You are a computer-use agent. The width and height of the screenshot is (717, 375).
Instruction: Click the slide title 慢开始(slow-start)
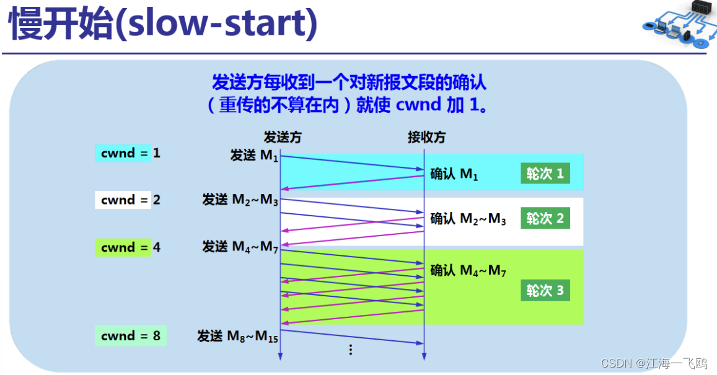click(163, 23)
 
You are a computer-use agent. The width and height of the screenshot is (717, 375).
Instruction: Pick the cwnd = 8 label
click(131, 336)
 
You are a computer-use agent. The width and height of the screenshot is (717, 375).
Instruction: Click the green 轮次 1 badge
click(545, 174)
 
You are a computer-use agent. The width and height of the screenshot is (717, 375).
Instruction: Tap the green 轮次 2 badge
click(545, 219)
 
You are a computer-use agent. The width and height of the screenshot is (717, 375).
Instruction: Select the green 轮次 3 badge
click(545, 291)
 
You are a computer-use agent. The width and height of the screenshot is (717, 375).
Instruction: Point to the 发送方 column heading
click(283, 137)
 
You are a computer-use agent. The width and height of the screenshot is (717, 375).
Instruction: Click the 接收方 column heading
click(426, 137)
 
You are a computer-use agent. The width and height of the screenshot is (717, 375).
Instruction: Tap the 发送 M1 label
click(254, 156)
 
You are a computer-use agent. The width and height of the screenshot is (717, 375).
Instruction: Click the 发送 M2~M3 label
click(240, 200)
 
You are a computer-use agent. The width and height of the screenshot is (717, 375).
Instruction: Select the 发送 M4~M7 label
click(240, 247)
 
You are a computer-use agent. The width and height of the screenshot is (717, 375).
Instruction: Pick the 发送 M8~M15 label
click(238, 337)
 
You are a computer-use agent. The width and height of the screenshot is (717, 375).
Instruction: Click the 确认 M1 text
click(454, 174)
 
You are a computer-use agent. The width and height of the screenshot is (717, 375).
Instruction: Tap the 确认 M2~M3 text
click(468, 219)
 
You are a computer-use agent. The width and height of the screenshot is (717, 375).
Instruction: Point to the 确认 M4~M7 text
click(468, 271)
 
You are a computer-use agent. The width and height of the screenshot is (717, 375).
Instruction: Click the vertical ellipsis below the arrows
click(351, 350)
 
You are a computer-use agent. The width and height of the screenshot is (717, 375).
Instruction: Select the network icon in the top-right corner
click(679, 23)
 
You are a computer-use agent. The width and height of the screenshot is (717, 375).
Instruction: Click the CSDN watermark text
click(654, 363)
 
